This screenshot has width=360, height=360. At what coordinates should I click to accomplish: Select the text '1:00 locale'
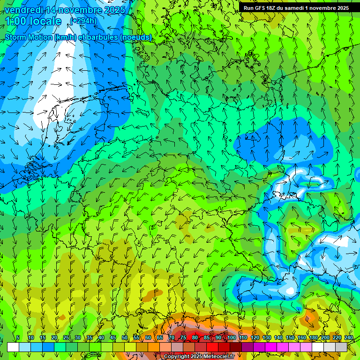34,21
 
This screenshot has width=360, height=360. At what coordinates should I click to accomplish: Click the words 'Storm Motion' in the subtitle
28,37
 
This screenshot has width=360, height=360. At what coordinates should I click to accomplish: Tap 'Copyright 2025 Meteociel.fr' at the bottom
199,357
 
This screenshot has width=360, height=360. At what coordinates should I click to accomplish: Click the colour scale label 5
18,338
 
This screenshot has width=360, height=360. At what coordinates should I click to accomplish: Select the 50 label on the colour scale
125,338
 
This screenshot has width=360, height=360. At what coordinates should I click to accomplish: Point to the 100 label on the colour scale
231,338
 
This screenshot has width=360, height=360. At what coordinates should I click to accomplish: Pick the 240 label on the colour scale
348,338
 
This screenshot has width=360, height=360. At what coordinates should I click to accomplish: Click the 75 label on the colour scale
183,338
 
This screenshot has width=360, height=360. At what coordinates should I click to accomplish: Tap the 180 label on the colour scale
313,338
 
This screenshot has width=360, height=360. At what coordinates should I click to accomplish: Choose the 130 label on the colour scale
266,338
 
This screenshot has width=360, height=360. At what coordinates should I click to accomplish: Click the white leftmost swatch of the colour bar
13,347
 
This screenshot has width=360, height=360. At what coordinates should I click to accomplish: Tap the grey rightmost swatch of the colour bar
341,347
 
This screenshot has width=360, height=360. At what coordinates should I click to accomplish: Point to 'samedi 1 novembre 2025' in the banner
319,8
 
